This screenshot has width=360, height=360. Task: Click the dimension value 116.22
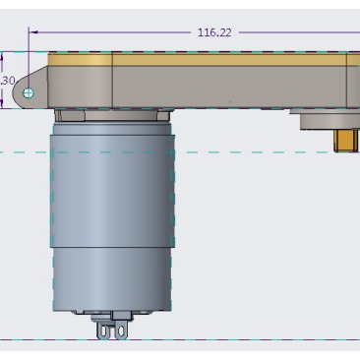(x=214, y=32)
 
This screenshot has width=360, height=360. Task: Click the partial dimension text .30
(x=8, y=81)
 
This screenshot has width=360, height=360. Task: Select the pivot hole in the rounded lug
(x=29, y=93)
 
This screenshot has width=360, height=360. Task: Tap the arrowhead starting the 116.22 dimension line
(x=33, y=32)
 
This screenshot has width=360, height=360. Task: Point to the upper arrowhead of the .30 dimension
(x=2, y=57)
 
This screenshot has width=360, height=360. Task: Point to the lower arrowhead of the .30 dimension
(x=2, y=104)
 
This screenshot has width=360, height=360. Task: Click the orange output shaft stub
(x=347, y=141)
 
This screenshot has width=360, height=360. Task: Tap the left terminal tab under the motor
(x=102, y=330)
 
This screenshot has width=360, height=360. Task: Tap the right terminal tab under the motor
(x=120, y=330)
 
